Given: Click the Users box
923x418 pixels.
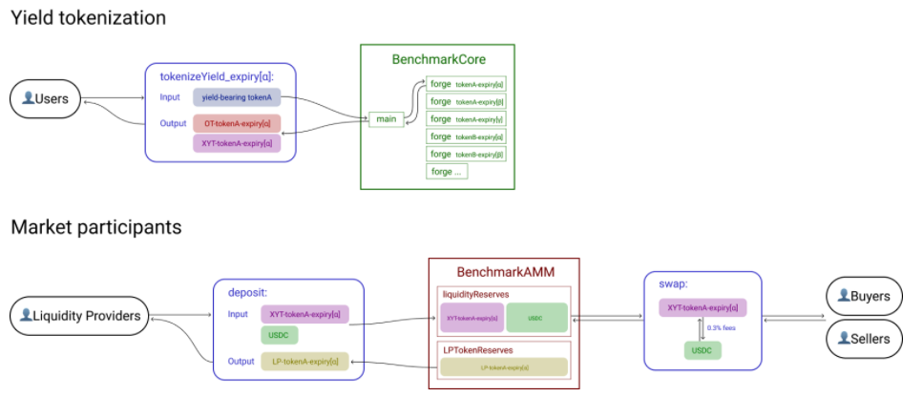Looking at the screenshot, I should (x=45, y=98).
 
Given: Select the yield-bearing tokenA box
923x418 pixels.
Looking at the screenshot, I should (x=237, y=97).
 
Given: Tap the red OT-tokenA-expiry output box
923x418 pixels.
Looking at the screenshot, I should (x=237, y=123).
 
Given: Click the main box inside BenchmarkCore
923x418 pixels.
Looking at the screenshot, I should (x=386, y=118).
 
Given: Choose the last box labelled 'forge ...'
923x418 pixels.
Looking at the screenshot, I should (x=447, y=172).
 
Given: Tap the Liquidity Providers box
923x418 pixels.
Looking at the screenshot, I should (x=80, y=316).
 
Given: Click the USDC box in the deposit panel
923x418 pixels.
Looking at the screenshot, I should (x=280, y=335).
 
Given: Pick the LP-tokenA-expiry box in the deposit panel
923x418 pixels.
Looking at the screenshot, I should (x=304, y=362).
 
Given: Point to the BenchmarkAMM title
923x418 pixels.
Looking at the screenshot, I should (x=504, y=271).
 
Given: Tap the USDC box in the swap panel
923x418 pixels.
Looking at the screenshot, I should (x=702, y=350).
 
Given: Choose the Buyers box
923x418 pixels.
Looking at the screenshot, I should (x=864, y=296).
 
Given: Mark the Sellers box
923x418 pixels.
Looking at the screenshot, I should (x=864, y=338).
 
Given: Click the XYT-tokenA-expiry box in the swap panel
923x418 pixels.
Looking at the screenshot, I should (x=702, y=307).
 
